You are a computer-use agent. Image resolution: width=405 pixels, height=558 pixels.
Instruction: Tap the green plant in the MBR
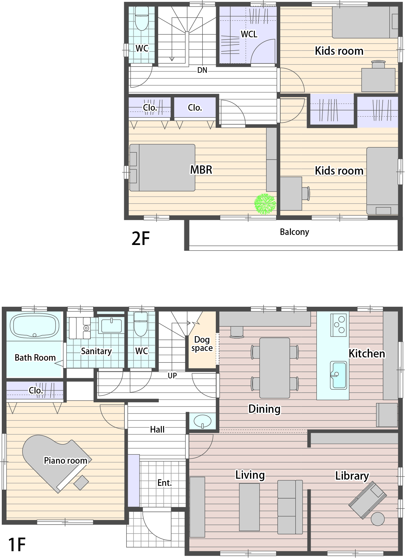click(x=265, y=204)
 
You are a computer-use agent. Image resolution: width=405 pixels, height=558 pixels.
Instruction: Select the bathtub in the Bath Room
click(x=35, y=326)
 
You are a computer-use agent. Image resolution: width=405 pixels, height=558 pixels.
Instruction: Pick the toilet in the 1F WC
click(x=141, y=324)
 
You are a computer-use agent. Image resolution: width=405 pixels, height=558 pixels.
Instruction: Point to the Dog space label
click(x=202, y=344)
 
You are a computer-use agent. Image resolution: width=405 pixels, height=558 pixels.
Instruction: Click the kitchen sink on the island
click(x=338, y=375)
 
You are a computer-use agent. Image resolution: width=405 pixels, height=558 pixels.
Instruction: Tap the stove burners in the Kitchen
click(x=339, y=325)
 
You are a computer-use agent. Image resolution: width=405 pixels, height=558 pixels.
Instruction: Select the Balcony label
click(x=294, y=232)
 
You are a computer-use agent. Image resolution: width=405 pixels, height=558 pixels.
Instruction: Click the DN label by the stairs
click(x=202, y=70)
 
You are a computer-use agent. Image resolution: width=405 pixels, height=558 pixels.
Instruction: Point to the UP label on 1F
click(x=172, y=375)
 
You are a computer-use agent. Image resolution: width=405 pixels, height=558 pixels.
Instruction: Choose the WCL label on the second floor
click(x=249, y=34)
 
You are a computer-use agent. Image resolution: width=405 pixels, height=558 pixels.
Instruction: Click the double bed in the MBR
click(x=162, y=167)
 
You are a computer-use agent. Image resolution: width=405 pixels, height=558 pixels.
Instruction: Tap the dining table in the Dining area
click(x=275, y=368)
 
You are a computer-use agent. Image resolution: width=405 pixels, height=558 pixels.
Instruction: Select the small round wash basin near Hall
click(x=203, y=420)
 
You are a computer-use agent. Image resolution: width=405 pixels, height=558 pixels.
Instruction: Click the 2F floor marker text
click(x=141, y=239)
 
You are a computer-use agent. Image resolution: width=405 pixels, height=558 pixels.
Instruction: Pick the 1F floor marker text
click(x=17, y=544)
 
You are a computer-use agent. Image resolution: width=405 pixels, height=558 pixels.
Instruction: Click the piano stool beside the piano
click(x=81, y=483)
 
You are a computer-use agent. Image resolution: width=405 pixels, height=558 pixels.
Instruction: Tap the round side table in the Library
click(x=378, y=519)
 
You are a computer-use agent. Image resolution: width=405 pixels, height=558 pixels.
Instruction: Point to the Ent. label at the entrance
click(x=164, y=483)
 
